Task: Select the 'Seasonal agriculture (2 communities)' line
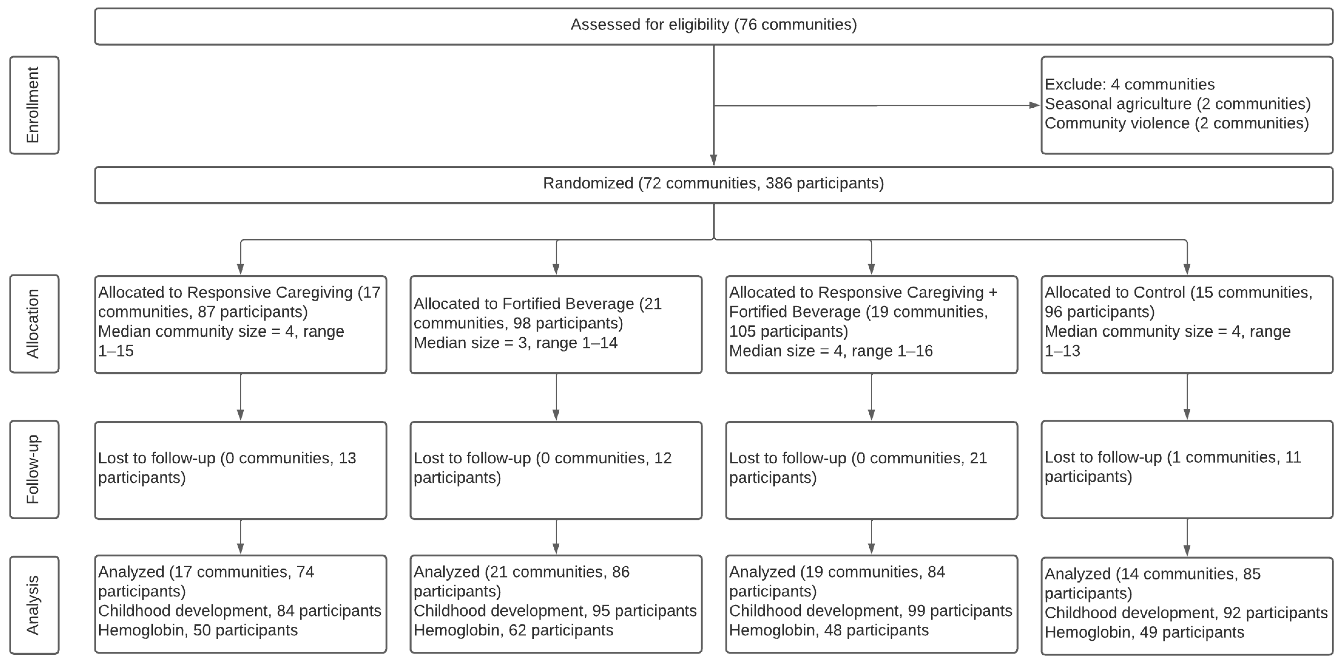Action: [x=1177, y=104]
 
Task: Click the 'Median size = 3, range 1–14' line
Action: [x=515, y=343]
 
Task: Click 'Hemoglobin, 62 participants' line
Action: [x=513, y=630]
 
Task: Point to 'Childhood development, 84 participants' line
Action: [x=240, y=611]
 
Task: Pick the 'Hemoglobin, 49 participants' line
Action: [x=1144, y=633]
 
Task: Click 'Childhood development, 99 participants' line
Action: [x=870, y=611]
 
